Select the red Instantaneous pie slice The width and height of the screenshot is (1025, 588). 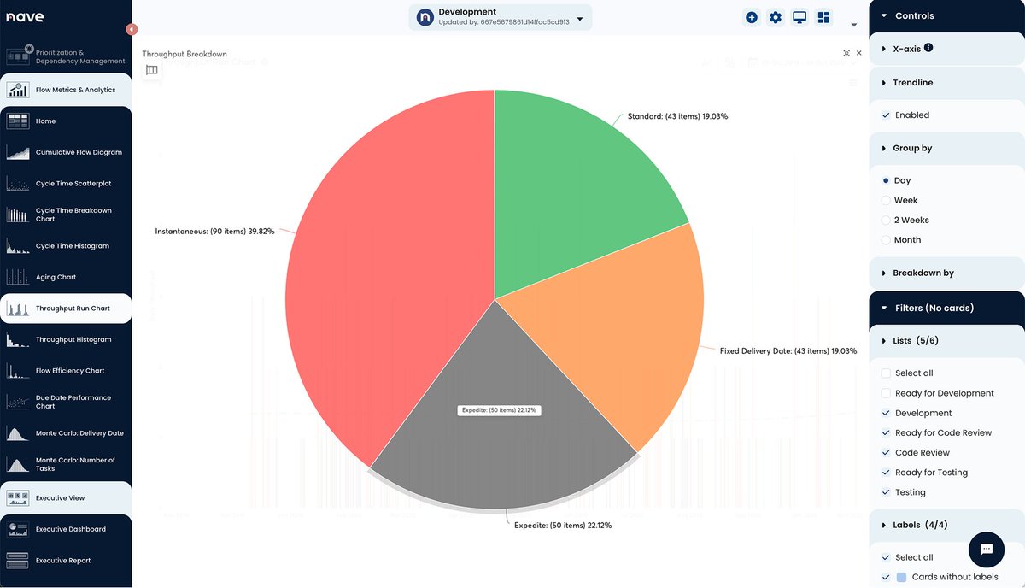click(384, 282)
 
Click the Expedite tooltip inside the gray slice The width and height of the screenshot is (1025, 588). click(499, 410)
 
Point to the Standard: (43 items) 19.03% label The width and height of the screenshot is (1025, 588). click(677, 115)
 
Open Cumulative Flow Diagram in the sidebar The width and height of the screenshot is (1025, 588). click(78, 152)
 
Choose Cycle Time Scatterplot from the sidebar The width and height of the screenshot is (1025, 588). click(73, 184)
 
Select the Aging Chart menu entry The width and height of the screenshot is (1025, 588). click(56, 277)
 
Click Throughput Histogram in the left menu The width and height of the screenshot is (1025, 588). click(73, 339)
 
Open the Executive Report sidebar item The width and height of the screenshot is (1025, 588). click(63, 561)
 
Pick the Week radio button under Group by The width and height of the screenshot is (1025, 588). click(886, 200)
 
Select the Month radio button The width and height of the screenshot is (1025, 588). click(886, 240)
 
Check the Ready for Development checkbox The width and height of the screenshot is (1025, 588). click(886, 393)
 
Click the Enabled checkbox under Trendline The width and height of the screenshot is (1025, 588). click(886, 115)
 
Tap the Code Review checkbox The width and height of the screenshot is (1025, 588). click(886, 453)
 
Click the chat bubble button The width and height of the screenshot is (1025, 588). click(986, 549)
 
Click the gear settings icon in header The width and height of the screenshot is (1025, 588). click(776, 17)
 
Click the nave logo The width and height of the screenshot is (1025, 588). click(25, 17)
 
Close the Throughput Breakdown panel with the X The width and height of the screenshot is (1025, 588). click(859, 53)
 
